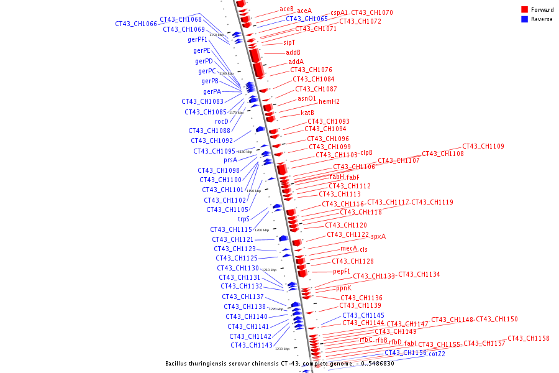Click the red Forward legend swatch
coord(525,9)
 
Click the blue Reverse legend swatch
coord(525,19)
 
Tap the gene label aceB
coord(286,9)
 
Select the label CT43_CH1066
coord(136,24)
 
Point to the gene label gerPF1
coord(198,39)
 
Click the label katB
coord(307,113)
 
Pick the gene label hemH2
coord(329,101)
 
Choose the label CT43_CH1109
coord(483,146)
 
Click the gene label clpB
coord(366,152)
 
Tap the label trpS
coord(243,219)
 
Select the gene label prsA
coord(230,160)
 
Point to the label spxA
coord(378,236)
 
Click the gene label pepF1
coord(342,271)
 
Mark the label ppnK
coord(343,288)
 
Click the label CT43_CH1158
coord(529,338)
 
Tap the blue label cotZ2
coord(437,354)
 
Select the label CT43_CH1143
coord(252,345)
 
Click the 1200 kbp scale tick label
coord(261,230)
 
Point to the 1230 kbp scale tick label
coord(282,349)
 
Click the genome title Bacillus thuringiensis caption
coord(279,363)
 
